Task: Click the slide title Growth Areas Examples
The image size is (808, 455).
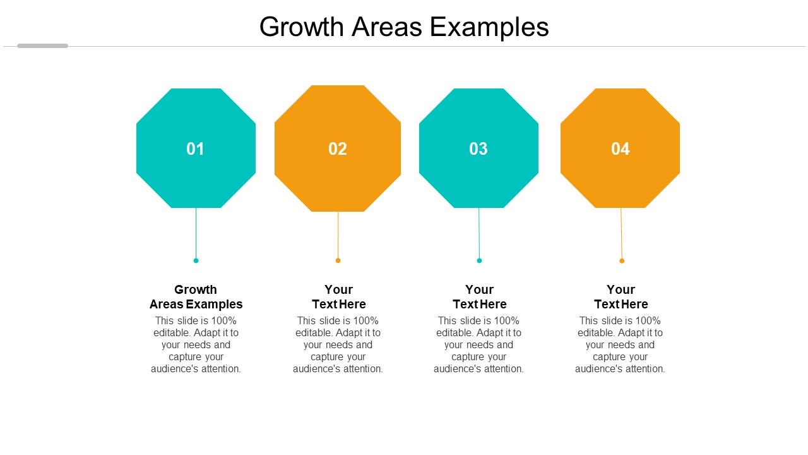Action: tap(404, 27)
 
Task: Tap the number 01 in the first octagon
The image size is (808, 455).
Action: tap(196, 149)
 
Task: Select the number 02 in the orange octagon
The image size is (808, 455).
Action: tap(338, 149)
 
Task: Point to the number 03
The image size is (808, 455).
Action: tap(478, 149)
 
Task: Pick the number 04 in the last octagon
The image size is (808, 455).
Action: tap(621, 149)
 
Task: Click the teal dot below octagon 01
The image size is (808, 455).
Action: tap(196, 260)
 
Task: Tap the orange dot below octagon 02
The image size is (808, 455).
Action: tap(338, 260)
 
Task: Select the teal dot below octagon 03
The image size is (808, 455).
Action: tap(479, 260)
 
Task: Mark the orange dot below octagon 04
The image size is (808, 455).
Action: tap(622, 260)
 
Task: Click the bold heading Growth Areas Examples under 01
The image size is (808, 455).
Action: tap(196, 297)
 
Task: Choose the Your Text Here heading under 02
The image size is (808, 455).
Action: tap(339, 297)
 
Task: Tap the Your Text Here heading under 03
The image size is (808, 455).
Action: tap(480, 297)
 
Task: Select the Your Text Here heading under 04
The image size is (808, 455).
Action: tap(621, 297)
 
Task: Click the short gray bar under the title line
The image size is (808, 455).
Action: tap(42, 45)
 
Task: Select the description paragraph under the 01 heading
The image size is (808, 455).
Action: tap(196, 344)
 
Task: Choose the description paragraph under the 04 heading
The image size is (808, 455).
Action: tap(620, 344)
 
